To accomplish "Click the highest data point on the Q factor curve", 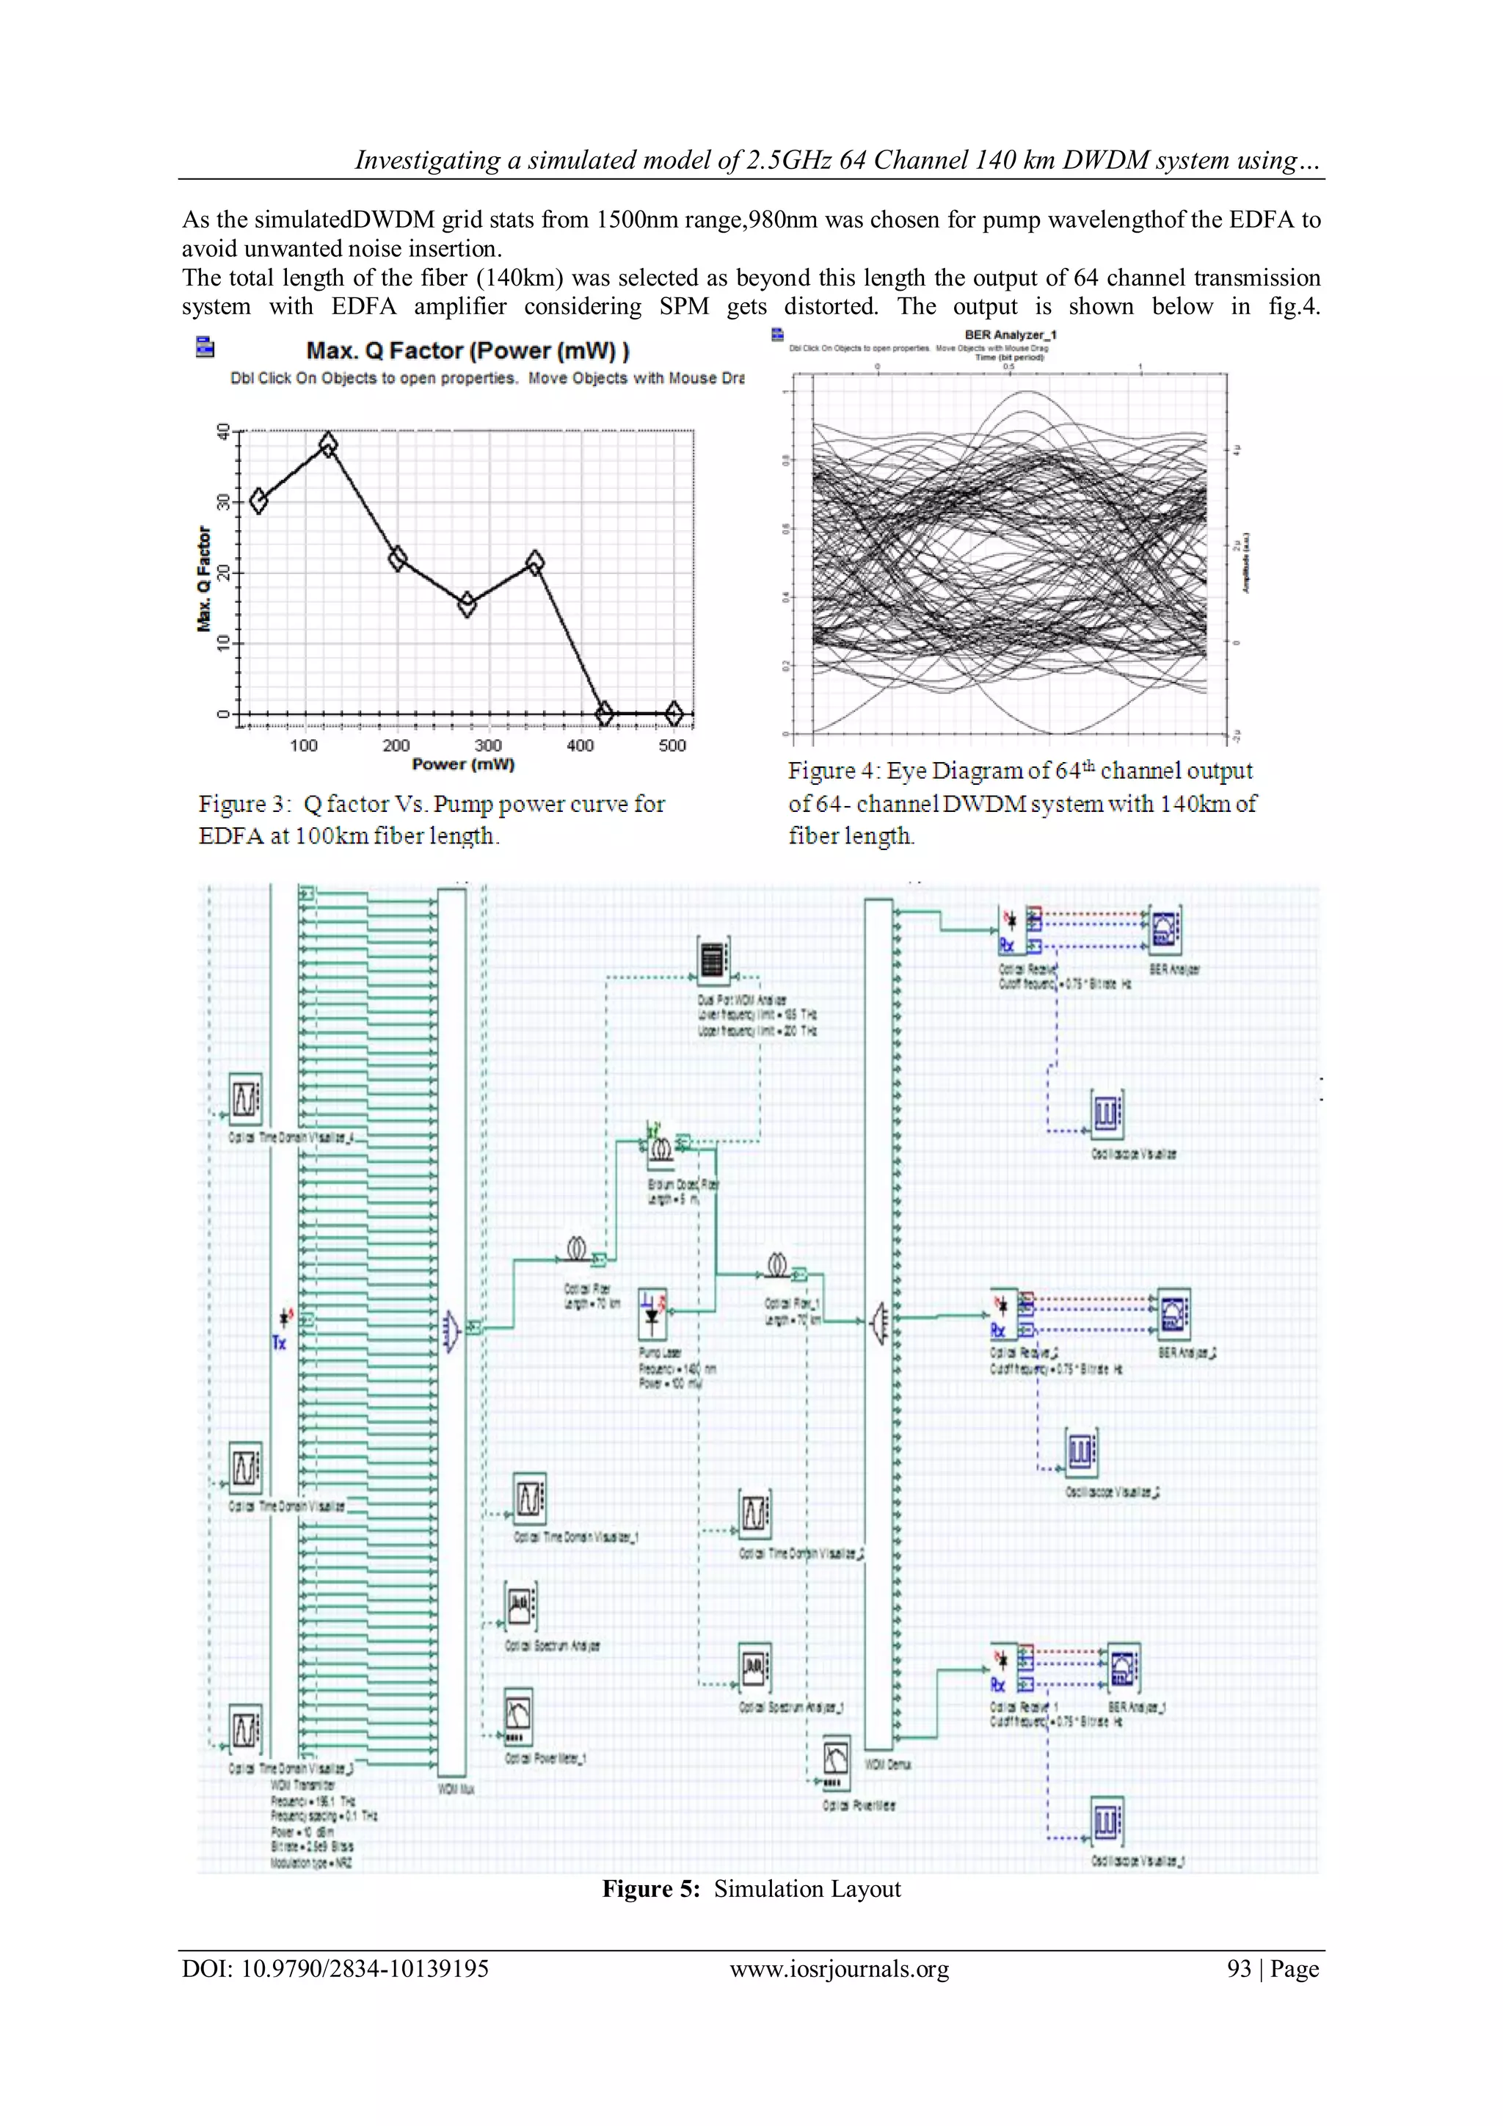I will (327, 444).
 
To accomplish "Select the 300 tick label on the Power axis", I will (488, 745).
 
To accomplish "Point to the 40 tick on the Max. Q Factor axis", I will (223, 432).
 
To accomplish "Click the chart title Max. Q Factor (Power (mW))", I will (467, 351).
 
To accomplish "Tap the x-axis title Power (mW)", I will (463, 764).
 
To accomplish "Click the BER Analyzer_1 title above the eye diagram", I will (1010, 335).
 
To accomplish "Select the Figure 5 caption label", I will (651, 1889).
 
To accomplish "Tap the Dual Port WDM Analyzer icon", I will (713, 959).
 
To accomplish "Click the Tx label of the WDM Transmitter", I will (279, 1343).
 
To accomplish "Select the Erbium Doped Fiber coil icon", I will (660, 1149).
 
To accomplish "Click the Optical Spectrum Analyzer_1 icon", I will (755, 1668).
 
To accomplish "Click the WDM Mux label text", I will (455, 1789).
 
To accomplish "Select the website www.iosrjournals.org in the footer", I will (839, 1969).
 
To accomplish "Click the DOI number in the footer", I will (364, 1969).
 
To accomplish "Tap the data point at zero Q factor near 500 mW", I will (674, 713).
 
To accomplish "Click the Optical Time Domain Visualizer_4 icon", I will (245, 1099).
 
